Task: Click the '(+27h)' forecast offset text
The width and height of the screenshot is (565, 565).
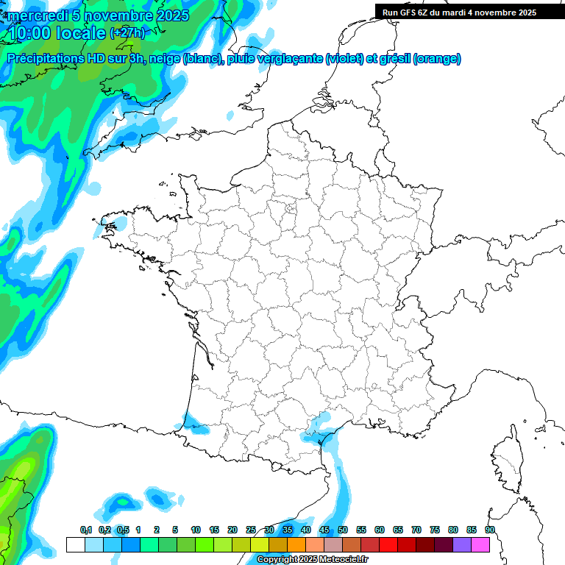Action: [127, 33]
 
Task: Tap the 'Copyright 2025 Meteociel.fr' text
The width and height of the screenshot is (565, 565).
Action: [311, 560]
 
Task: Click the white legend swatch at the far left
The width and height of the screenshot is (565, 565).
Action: [75, 545]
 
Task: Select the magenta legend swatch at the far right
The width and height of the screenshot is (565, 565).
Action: [480, 545]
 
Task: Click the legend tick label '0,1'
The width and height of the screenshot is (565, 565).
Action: [85, 530]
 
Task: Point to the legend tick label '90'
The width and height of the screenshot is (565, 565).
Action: [489, 530]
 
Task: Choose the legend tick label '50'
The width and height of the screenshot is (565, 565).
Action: [343, 530]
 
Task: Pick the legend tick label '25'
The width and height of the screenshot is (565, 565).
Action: [251, 530]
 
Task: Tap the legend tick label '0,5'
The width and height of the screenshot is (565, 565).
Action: [124, 530]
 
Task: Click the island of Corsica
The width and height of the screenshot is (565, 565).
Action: [505, 463]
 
